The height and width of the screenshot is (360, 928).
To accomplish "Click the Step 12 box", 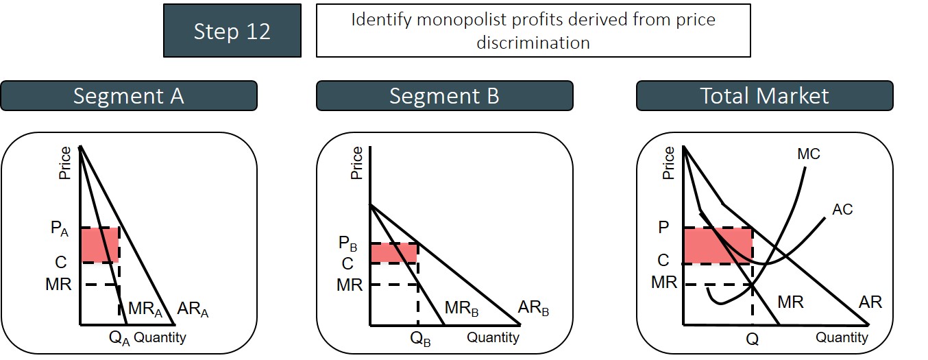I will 232,31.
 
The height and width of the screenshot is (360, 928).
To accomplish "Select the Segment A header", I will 129,96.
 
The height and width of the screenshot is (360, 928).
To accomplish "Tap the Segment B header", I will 444,96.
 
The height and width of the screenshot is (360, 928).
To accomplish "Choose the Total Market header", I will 764,96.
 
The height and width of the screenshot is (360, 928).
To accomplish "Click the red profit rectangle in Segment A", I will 99,245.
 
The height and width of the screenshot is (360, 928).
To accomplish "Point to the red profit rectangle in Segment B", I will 394,252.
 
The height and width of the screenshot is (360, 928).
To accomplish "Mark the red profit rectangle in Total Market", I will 718,245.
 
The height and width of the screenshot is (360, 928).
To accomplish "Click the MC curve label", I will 808,154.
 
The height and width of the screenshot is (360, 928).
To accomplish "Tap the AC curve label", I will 842,209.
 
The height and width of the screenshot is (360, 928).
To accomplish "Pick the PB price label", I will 349,244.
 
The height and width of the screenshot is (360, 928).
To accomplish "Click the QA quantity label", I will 119,337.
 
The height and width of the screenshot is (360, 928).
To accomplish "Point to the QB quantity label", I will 420,338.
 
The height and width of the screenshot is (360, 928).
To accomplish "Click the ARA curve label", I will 192,310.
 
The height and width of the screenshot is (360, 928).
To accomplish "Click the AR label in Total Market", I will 870,302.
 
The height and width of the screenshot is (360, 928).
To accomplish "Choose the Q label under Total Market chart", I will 753,338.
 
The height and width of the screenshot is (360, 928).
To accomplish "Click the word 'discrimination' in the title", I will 533,43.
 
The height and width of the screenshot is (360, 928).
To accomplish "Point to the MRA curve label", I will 145,310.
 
